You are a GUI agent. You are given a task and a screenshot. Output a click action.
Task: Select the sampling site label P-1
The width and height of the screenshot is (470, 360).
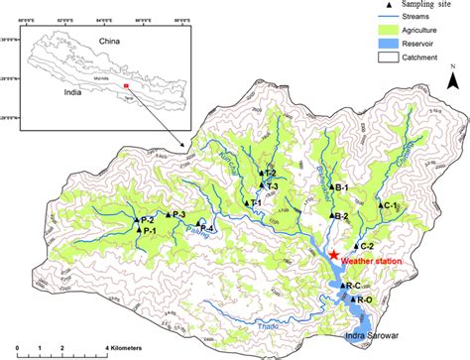151,230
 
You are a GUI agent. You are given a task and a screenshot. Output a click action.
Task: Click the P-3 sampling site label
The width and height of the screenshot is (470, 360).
179,214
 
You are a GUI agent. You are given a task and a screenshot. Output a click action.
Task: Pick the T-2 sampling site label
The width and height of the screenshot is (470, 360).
270,174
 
